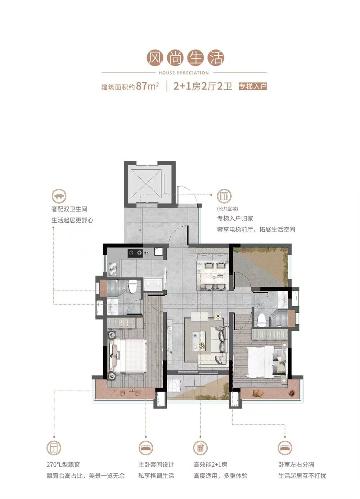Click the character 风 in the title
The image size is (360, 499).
(x=155, y=58)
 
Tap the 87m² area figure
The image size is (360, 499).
(x=147, y=86)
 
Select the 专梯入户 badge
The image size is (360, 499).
(x=252, y=86)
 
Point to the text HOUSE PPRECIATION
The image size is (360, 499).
(x=184, y=73)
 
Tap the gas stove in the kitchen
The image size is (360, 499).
(x=135, y=253)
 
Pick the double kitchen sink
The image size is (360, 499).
(x=114, y=269)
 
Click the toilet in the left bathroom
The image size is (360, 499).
(x=133, y=287)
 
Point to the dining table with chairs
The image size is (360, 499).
(x=213, y=276)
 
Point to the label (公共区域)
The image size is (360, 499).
(x=228, y=209)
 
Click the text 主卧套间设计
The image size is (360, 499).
(x=156, y=465)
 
